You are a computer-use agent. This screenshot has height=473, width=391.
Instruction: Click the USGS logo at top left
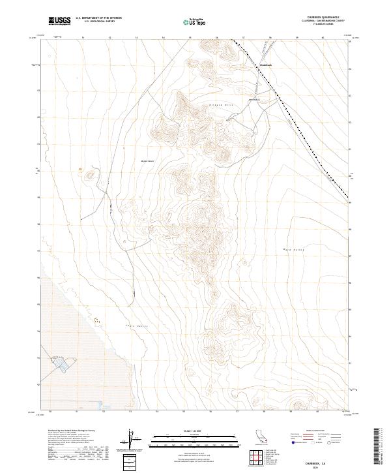[58, 21]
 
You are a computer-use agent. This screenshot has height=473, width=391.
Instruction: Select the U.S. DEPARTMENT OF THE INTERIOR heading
[98, 18]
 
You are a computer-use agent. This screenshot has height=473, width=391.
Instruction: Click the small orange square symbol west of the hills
[81, 170]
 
